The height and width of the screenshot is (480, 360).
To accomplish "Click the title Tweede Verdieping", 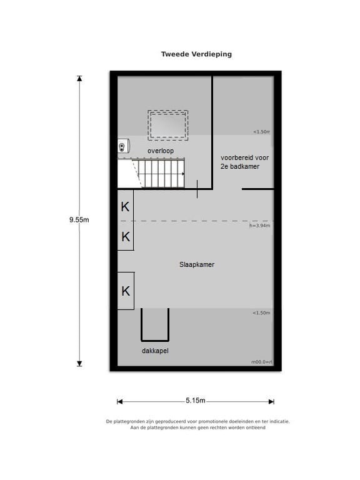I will click(x=196, y=54).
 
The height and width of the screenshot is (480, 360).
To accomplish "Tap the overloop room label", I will click(x=161, y=151).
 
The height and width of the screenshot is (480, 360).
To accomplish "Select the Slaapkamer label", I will click(x=196, y=265).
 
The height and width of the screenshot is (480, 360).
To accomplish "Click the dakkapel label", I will click(x=155, y=351).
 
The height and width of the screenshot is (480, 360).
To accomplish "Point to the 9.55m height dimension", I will click(x=79, y=219).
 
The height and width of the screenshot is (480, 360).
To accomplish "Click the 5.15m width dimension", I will click(x=196, y=401).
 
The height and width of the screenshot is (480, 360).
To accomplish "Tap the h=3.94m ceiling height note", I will click(x=260, y=226).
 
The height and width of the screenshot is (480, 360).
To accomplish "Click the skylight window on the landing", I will click(x=167, y=126).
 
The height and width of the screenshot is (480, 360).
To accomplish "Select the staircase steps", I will click(x=161, y=173).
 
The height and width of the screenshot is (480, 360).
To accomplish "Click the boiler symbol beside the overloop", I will click(x=122, y=146).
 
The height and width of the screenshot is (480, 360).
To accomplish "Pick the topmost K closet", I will click(x=126, y=207).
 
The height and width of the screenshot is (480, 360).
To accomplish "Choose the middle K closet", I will click(x=126, y=237).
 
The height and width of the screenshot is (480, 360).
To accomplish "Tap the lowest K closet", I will click(x=126, y=291).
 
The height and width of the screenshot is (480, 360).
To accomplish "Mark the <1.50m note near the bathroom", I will click(x=262, y=132).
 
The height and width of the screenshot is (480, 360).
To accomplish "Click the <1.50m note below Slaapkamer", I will click(x=261, y=313).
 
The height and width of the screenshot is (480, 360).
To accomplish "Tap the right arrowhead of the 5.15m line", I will click(x=271, y=401).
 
